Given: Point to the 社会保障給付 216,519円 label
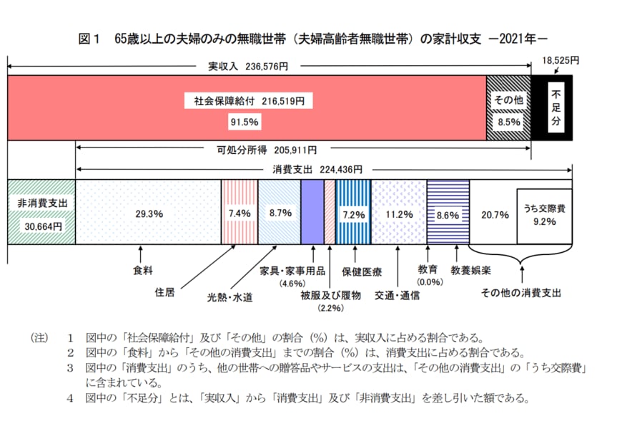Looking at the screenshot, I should [247, 102].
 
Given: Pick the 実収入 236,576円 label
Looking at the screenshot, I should [247, 67].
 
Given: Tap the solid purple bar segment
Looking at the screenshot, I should [312, 211].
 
